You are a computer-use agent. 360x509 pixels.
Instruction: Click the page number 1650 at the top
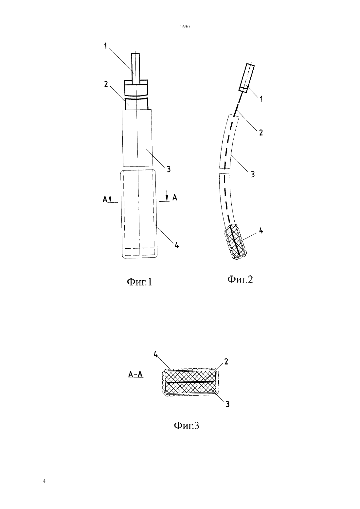185,27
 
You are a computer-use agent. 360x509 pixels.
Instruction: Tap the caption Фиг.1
139,282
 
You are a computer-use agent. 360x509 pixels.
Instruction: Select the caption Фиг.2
240,279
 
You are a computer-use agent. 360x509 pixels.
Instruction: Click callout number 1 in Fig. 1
105,46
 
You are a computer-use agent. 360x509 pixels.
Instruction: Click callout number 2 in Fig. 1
106,84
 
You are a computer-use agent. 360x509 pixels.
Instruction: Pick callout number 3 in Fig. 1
169,169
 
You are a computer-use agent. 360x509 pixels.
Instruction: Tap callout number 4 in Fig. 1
177,245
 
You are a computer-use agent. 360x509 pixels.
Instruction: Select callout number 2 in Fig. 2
261,132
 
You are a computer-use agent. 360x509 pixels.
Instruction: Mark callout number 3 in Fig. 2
253,174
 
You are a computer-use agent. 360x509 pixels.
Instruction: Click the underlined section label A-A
135,374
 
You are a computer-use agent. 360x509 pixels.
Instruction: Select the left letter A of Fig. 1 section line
105,199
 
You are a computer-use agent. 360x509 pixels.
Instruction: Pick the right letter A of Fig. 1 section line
174,198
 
